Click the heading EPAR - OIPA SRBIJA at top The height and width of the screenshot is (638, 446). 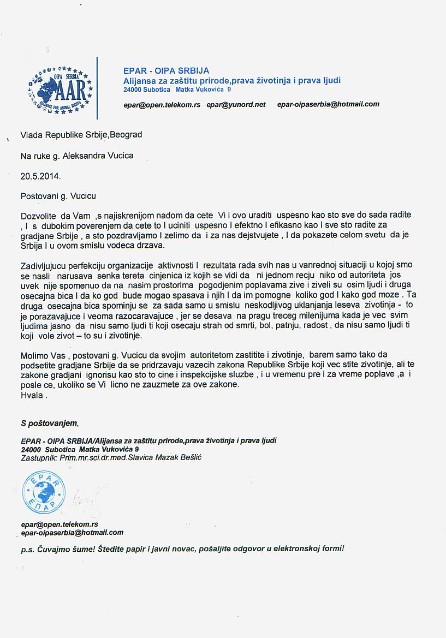click(166, 71)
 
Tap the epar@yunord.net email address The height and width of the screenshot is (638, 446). click(236, 104)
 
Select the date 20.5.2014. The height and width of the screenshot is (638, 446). click(41, 176)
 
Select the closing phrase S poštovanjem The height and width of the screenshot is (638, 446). click(50, 423)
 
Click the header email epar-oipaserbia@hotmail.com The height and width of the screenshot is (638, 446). click(328, 104)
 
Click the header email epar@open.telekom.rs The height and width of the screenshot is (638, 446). click(162, 104)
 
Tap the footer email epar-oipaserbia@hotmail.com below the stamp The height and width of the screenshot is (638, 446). click(72, 532)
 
